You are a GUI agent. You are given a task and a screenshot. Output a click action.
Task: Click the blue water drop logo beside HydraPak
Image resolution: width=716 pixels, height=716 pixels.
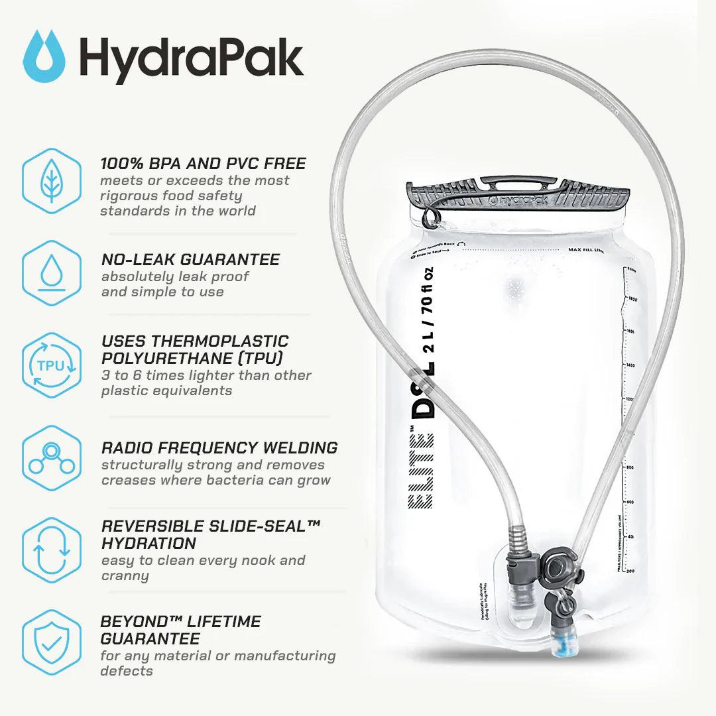click(44, 56)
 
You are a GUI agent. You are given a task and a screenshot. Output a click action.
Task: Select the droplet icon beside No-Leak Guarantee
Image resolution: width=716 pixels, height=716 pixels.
click(52, 273)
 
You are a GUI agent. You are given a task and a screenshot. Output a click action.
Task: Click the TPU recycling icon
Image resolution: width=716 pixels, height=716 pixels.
click(52, 365)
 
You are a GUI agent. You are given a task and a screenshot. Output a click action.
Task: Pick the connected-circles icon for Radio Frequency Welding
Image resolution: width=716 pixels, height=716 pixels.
click(52, 458)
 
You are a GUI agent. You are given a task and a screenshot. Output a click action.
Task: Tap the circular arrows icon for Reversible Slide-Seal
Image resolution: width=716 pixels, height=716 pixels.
click(52, 550)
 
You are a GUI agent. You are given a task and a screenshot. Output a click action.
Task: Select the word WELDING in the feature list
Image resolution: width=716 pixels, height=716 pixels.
click(302, 447)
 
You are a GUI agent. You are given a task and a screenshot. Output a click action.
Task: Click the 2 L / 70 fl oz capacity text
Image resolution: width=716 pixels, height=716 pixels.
click(428, 318)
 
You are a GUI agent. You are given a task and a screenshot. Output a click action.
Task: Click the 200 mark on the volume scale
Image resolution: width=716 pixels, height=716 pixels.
click(629, 570)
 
